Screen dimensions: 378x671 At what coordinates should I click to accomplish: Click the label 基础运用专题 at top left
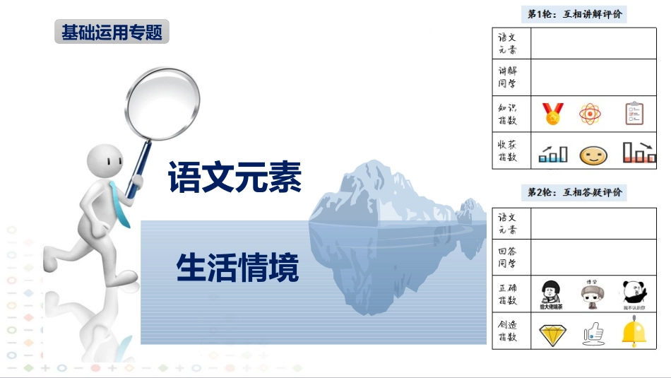[112, 33]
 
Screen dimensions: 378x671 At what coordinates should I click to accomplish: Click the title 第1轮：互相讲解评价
[575, 13]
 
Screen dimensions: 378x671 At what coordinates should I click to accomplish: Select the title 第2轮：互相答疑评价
[575, 192]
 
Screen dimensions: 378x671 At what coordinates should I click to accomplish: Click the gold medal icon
[552, 113]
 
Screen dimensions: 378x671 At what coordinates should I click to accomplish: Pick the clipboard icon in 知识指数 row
[634, 113]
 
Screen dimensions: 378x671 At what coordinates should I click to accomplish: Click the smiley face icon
[593, 155]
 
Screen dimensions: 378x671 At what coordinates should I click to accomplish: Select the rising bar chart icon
[552, 154]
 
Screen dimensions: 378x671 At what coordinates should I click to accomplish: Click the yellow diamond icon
[552, 335]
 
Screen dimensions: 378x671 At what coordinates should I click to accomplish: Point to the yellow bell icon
[634, 333]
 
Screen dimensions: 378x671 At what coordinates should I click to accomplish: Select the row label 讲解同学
[508, 76]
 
